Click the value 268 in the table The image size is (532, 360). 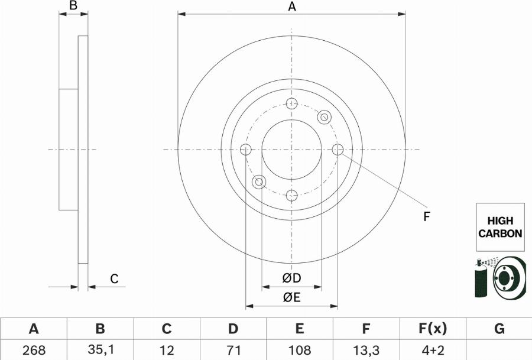click(34, 349)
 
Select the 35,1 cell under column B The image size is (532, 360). click(100, 349)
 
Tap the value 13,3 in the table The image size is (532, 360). click(366, 349)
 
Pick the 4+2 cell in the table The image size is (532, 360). click(433, 349)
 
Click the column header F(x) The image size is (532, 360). click(433, 329)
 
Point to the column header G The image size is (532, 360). click(499, 329)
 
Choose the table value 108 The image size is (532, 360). click(300, 349)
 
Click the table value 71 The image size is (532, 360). click(233, 349)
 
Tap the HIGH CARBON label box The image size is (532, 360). click(500, 227)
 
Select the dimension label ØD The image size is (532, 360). click(291, 278)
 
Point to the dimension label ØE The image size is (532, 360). click(291, 298)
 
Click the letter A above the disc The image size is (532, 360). click(291, 7)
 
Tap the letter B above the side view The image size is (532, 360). click(73, 7)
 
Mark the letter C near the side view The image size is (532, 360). click(115, 278)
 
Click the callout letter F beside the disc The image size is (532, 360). click(426, 217)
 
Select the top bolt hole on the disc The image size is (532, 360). click(291, 104)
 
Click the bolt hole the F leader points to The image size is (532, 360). click(338, 150)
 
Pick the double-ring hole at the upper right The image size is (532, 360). click(324, 117)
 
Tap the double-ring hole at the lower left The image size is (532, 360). click(259, 182)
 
